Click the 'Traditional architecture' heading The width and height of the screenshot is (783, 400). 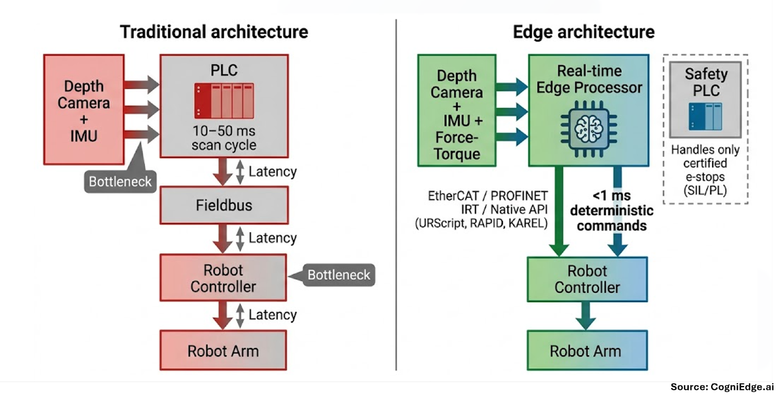tap(214, 32)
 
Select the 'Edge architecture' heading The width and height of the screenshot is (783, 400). tap(584, 32)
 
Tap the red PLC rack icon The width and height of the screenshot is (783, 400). tap(224, 101)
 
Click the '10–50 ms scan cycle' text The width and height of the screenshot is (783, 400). tap(224, 138)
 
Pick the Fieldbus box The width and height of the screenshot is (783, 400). tap(224, 205)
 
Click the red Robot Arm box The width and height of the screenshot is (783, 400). tap(223, 350)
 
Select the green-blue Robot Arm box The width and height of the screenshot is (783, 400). tap(587, 350)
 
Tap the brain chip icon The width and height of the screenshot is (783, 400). tap(589, 129)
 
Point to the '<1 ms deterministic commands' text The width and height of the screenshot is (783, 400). tap(612, 211)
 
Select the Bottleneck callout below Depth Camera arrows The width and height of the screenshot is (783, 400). tap(120, 181)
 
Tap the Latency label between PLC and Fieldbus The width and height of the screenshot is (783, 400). tap(273, 172)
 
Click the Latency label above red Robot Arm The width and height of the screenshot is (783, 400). tap(273, 315)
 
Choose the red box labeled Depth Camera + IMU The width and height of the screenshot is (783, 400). tap(84, 110)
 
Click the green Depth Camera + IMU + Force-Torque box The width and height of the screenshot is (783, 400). tap(457, 110)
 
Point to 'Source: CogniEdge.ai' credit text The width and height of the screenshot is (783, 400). tap(722, 387)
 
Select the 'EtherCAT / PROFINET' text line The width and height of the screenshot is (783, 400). tap(488, 195)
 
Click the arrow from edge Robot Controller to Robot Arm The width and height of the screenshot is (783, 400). tap(586, 316)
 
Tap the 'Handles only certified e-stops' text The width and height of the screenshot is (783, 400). tap(705, 170)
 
